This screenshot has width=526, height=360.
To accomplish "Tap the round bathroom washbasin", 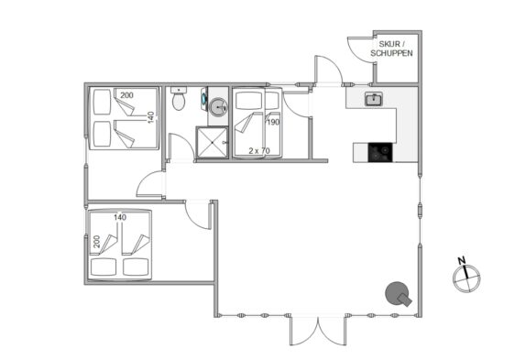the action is (x=218, y=107).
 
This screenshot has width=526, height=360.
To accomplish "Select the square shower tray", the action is (x=212, y=142).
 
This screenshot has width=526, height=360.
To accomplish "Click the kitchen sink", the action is (x=374, y=99).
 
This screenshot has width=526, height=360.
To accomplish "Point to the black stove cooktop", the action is (x=380, y=152).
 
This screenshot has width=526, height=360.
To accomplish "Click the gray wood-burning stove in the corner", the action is (x=399, y=294).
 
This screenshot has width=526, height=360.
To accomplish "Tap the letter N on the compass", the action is (x=462, y=260).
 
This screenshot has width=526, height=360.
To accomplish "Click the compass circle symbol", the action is (x=466, y=278).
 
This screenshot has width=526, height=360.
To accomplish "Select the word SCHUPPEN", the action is (x=391, y=53).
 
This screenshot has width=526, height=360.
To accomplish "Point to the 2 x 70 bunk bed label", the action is (x=259, y=151).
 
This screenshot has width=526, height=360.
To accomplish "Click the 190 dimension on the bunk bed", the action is (x=273, y=122).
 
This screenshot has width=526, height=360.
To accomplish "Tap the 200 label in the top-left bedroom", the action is (x=126, y=95).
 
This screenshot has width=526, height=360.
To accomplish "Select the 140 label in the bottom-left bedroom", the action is (x=120, y=217).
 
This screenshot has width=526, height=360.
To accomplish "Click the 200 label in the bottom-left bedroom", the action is (x=96, y=241).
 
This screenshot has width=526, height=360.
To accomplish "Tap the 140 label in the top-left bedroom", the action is (x=151, y=117).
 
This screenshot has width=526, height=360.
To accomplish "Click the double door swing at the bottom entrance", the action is (x=318, y=330).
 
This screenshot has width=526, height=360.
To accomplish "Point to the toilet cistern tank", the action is (x=179, y=90).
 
